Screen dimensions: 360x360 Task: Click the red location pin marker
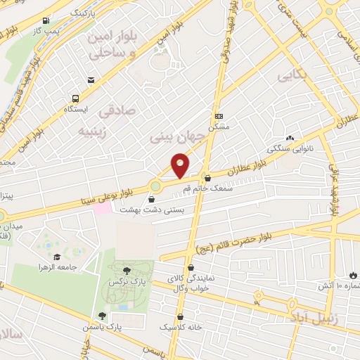click(181, 166)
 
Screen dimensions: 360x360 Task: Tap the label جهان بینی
click(178, 135)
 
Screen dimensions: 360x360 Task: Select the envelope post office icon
click(91, 81)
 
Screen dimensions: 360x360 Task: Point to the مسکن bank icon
click(219, 116)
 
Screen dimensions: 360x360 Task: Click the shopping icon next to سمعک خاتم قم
click(206, 178)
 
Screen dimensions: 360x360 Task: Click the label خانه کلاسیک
click(182, 328)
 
